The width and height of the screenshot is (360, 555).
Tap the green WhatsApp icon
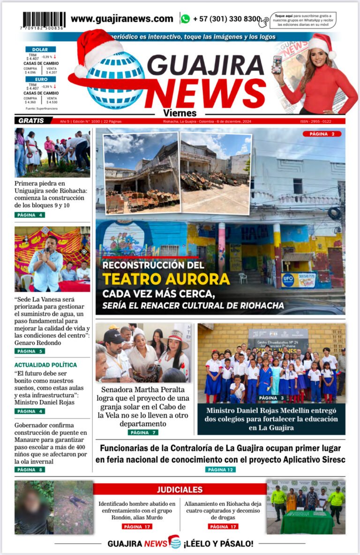coord(185,19)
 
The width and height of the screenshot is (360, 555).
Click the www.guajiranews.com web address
coord(122,19)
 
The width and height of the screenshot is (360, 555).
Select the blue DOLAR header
coord(40,49)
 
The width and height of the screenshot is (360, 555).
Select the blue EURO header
coord(40,79)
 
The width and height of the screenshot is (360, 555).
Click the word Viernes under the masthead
coord(180,113)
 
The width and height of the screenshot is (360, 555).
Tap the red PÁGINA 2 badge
coord(322,134)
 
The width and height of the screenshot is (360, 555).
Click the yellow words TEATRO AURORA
coord(166,279)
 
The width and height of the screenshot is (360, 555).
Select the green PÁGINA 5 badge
coord(30,351)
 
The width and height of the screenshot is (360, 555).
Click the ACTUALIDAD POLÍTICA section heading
coord(45,365)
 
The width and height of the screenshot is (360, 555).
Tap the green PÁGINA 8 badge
coord(30,469)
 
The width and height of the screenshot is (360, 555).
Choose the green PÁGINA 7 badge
coord(143,432)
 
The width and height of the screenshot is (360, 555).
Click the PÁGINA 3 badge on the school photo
coord(272,398)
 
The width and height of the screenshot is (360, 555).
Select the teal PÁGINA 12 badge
coord(220,469)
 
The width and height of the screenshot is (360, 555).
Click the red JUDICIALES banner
coord(180,489)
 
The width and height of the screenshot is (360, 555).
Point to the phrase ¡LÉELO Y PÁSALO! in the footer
coord(218,544)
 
